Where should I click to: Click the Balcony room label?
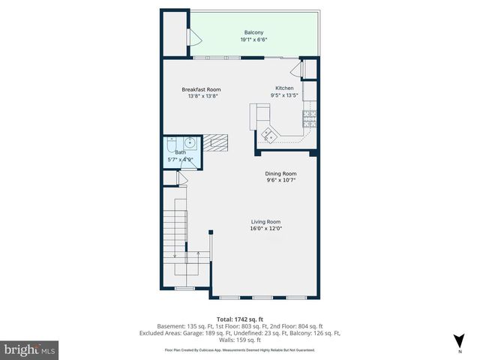click(253, 32)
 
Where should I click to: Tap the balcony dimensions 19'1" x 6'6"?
click(253, 40)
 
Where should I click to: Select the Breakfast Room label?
click(201, 89)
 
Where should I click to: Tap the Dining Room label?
click(280, 173)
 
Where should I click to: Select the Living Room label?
click(265, 221)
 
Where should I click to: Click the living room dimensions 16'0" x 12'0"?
click(265, 229)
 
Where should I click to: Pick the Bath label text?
click(180, 152)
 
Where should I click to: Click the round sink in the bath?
click(190, 142)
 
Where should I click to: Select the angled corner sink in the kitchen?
click(268, 135)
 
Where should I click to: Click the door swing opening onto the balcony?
click(193, 35)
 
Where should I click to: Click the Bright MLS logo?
click(30, 349)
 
